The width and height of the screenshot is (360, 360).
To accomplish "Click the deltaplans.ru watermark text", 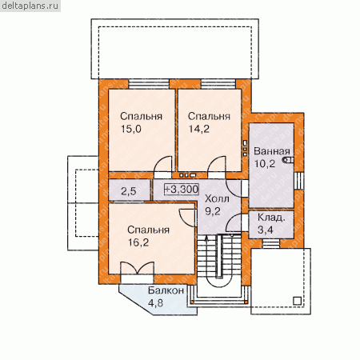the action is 30,6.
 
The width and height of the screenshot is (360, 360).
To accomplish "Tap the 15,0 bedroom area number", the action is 131,129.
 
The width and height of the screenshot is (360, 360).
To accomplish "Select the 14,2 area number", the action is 199,129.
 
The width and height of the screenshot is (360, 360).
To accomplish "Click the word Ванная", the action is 272,151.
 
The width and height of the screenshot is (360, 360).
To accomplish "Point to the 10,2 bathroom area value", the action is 264,163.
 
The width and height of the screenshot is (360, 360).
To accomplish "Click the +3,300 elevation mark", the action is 182,189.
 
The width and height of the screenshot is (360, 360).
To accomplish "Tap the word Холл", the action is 217,198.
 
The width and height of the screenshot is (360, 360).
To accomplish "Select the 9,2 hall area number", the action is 213,211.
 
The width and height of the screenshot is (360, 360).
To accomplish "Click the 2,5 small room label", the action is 129,191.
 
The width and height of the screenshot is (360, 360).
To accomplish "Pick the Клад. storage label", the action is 271,218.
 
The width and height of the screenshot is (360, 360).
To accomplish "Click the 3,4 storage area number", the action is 266,230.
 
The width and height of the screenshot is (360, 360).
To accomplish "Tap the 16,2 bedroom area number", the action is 138,242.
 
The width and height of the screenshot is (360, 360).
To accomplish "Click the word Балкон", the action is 166,290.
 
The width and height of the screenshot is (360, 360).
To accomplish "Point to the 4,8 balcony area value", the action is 155,303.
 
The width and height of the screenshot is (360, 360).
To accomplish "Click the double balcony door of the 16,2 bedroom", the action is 138,268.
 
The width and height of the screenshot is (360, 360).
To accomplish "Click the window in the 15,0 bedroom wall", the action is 149,84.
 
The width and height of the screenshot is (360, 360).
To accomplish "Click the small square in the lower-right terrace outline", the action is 297,301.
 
